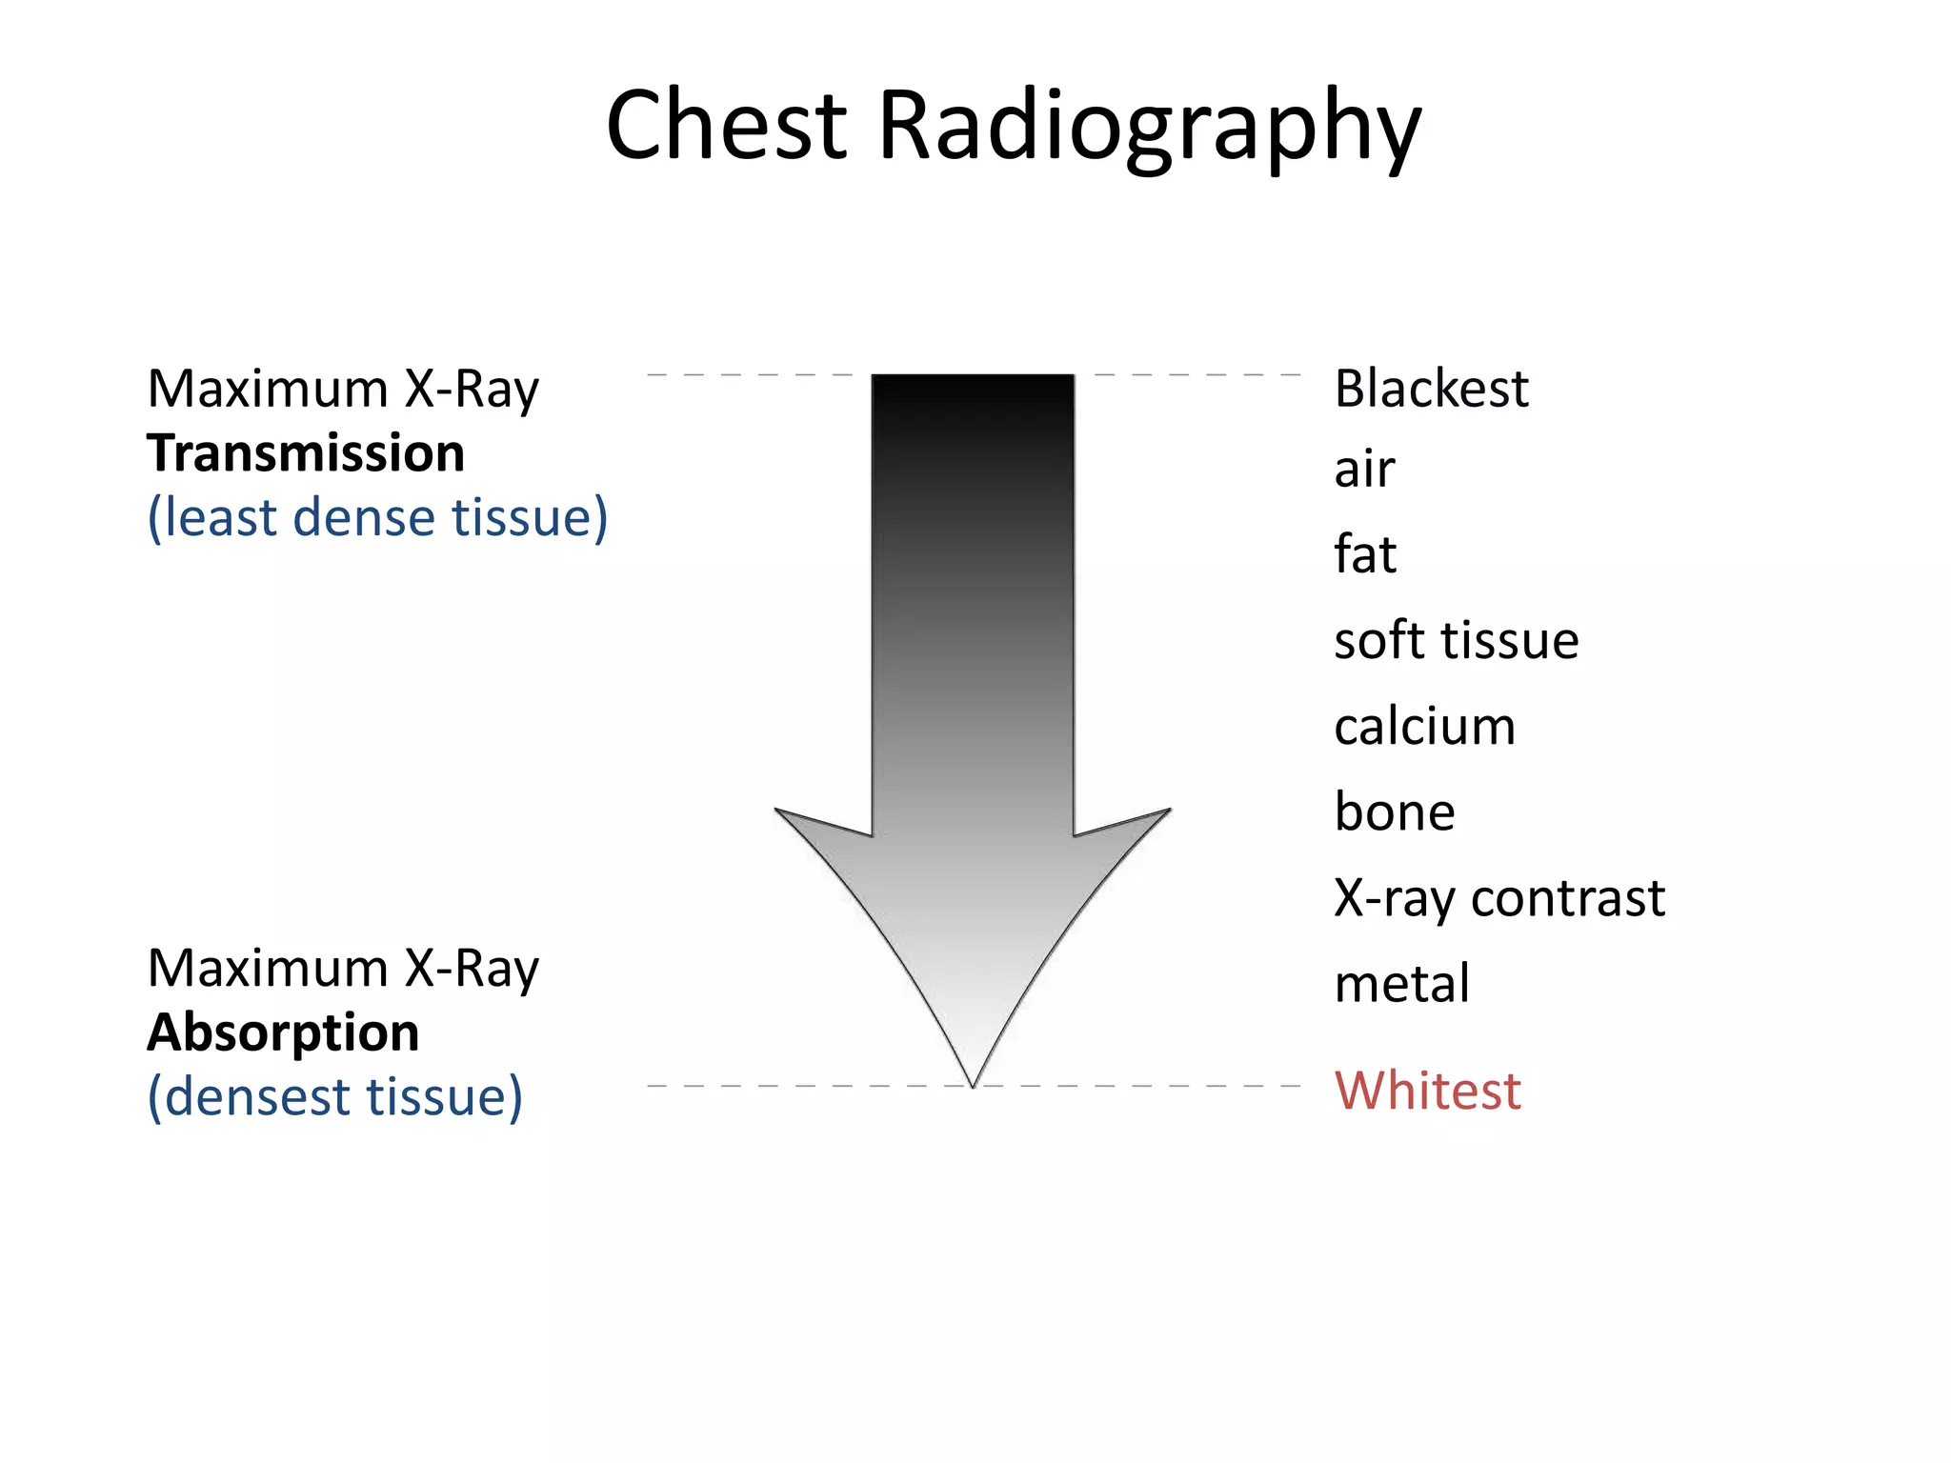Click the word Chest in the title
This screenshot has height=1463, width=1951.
pyautogui.click(x=726, y=126)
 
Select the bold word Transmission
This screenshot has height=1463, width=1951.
pyautogui.click(x=306, y=453)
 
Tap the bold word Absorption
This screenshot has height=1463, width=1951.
pyautogui.click(x=283, y=1032)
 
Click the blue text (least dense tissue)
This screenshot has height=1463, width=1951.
pyautogui.click(x=377, y=518)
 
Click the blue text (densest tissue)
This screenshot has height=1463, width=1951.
pyautogui.click(x=334, y=1097)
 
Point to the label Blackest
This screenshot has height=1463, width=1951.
pyautogui.click(x=1431, y=389)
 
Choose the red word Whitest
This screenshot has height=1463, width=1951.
pyautogui.click(x=1427, y=1091)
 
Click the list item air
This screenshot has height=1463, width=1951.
pyautogui.click(x=1364, y=471)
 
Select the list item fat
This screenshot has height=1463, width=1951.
pyautogui.click(x=1364, y=554)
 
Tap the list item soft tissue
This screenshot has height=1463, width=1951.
pyautogui.click(x=1456, y=640)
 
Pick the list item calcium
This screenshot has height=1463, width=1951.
pyautogui.click(x=1424, y=727)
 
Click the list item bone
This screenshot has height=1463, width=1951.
pyautogui.click(x=1395, y=812)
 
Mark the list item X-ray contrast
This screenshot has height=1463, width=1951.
pyautogui.click(x=1499, y=898)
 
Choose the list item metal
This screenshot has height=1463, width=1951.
pyautogui.click(x=1401, y=984)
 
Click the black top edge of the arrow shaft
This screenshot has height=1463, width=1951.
pyautogui.click(x=973, y=377)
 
